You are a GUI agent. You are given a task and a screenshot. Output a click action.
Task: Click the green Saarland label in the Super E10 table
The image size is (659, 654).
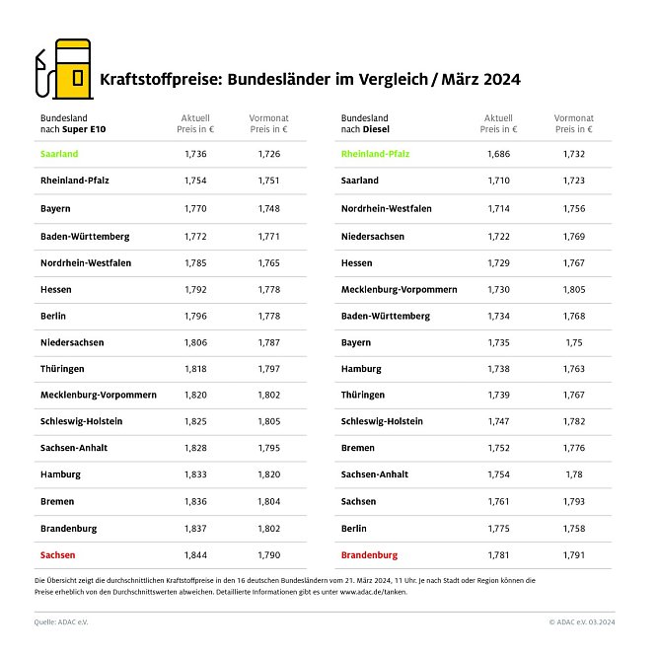59,154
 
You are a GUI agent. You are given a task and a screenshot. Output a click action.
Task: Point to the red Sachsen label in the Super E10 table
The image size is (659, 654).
57,554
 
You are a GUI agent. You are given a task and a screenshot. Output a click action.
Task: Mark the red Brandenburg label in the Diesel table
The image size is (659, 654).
369,554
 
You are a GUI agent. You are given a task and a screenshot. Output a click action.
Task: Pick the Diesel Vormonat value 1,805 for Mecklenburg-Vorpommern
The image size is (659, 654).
573,289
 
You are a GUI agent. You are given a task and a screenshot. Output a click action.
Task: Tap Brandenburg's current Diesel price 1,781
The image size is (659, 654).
498,554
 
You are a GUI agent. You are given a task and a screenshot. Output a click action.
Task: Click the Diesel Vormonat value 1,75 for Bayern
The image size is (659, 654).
573,342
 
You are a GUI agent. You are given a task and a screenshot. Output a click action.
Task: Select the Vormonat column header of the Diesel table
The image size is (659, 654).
573,122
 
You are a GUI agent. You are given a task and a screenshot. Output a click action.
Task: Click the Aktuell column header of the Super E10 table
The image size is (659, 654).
195,122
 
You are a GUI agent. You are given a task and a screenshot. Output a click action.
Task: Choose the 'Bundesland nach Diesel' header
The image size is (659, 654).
365,122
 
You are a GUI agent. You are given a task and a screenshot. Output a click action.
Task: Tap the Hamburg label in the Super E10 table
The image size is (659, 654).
60,474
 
